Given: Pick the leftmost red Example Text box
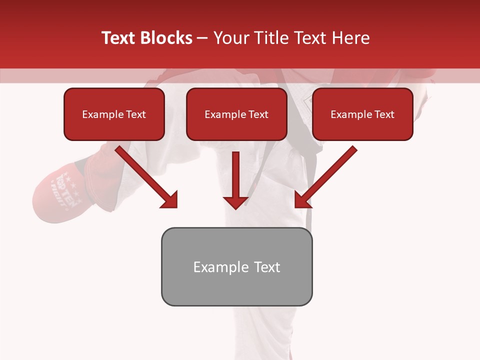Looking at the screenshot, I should pyautogui.click(x=114, y=114).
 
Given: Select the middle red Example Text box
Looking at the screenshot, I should pyautogui.click(x=236, y=114).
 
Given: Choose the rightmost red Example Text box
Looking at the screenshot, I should pyautogui.click(x=362, y=114).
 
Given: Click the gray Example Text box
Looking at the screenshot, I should pyautogui.click(x=236, y=266).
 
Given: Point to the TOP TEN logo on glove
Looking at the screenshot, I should pyautogui.click(x=66, y=181).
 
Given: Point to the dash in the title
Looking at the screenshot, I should pyautogui.click(x=203, y=38).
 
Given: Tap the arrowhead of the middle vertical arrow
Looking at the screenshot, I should pyautogui.click(x=235, y=202).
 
